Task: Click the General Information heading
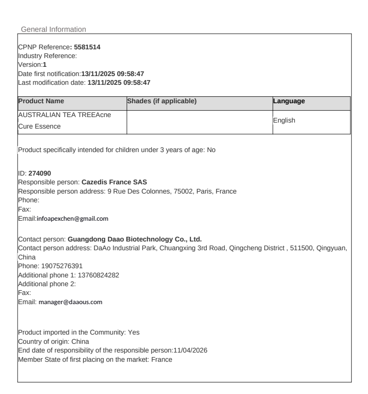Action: point(54,29)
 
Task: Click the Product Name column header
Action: point(41,101)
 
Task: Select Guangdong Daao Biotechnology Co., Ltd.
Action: point(135,239)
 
